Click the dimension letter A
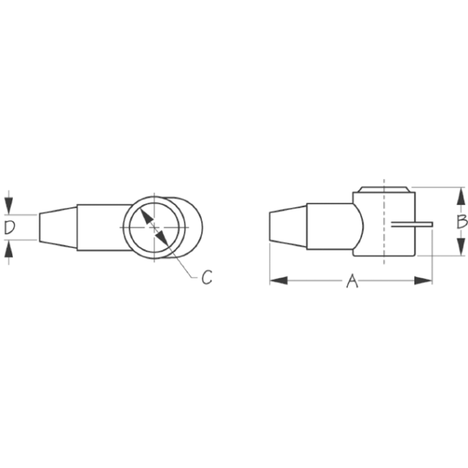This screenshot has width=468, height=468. [352, 281]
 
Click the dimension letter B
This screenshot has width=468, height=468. [462, 222]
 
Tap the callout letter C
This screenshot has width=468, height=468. [207, 277]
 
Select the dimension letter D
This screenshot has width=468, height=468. [10, 228]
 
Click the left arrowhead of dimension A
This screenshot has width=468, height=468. [278, 280]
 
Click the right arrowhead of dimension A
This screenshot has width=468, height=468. [423, 280]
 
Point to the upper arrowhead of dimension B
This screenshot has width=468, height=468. [461, 196]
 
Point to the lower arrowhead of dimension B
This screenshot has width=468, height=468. [461, 246]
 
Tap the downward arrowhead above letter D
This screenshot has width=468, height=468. [9, 206]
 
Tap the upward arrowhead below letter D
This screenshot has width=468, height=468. [9, 249]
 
